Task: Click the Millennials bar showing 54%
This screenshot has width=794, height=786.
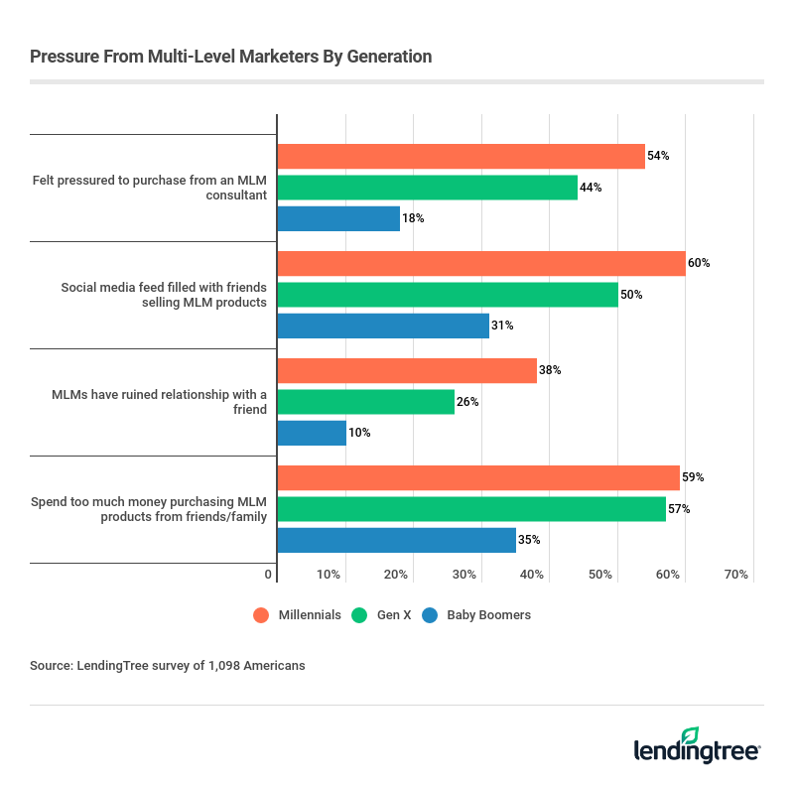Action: coord(461,156)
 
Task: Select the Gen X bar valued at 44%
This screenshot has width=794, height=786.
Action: coord(427,188)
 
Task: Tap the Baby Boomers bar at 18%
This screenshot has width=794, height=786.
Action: coord(338,218)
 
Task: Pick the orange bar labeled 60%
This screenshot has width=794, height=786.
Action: coord(481,263)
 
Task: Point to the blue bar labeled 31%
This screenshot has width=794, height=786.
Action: coord(383,326)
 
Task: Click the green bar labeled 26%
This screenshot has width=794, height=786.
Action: coord(365,402)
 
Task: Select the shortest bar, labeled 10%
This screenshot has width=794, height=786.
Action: coord(312,433)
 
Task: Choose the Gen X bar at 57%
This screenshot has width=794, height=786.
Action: coord(471,509)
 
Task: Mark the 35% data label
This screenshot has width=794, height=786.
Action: coord(529,540)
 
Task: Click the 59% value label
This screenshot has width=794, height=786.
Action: coord(693,477)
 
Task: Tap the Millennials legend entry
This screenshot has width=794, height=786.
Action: coord(297,615)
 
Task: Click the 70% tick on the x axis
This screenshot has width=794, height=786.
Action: coord(735,576)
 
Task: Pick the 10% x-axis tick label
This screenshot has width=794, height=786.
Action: coord(329,576)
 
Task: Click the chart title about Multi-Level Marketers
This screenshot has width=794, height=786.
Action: coord(230,57)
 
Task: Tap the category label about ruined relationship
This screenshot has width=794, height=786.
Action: coord(159,402)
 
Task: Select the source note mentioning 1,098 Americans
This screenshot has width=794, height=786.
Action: coord(168,666)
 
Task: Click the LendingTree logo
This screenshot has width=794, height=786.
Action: coord(698,745)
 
